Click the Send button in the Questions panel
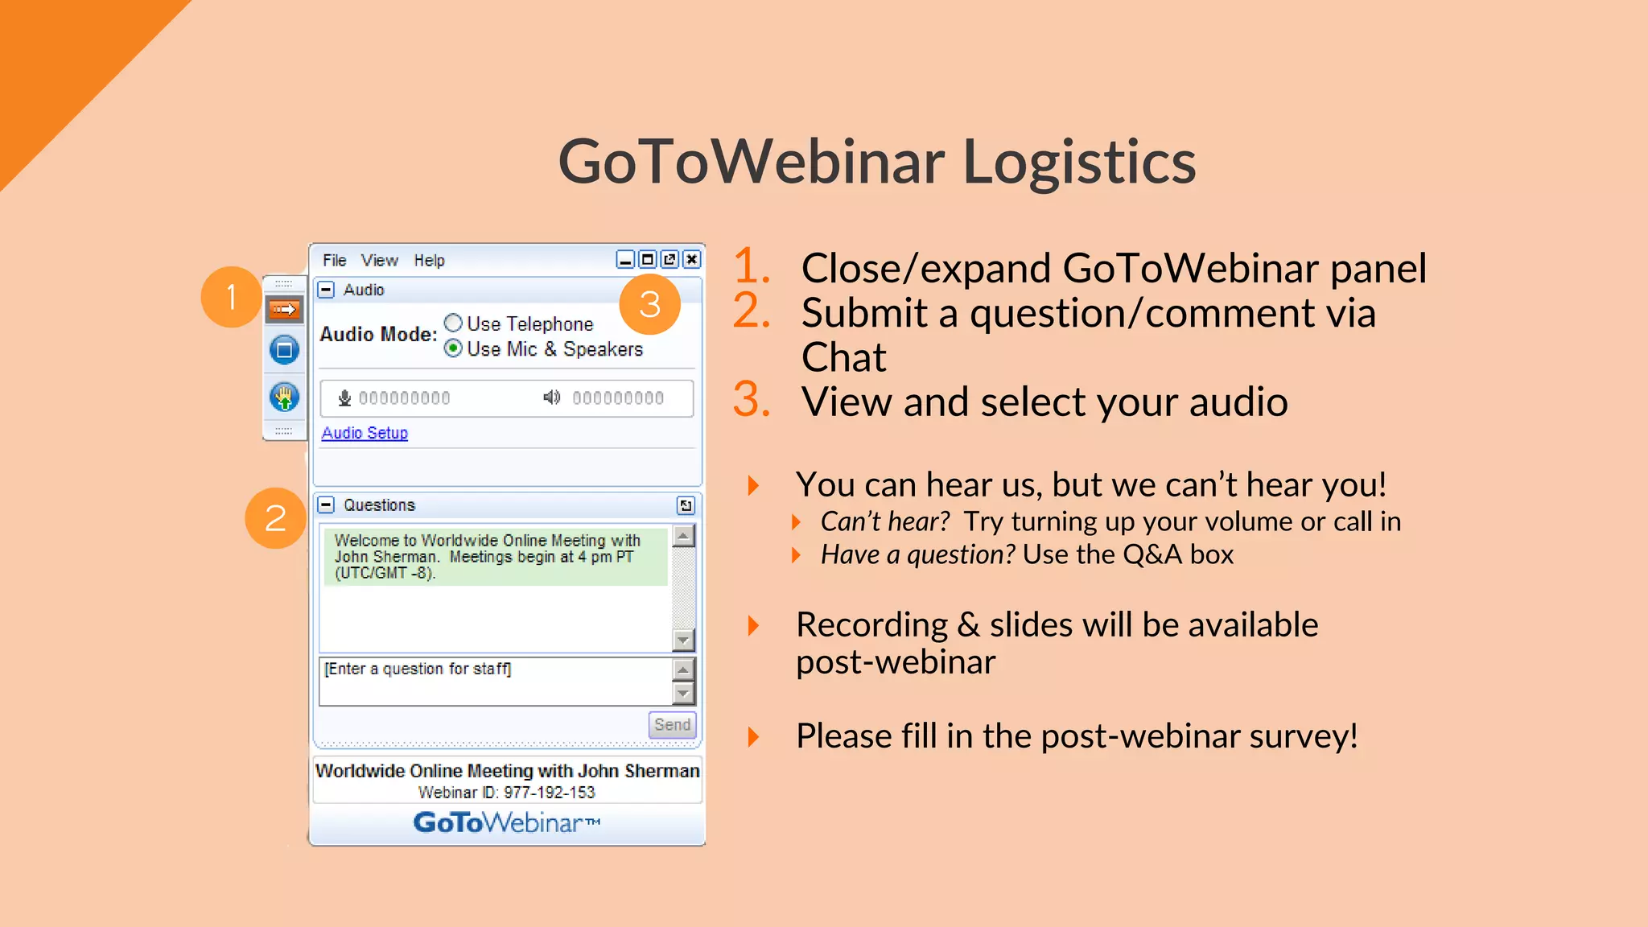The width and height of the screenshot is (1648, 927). coord(672,724)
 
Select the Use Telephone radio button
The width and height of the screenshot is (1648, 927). coord(454,323)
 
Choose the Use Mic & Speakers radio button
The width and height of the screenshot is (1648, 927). coord(454,348)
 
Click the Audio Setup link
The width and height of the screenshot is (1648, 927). coord(365,433)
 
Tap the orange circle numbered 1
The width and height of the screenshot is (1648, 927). coord(232,297)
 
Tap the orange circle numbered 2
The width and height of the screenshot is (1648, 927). coord(275,517)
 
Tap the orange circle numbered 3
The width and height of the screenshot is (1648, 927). coord(649,304)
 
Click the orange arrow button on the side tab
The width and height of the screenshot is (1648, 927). coord(284,309)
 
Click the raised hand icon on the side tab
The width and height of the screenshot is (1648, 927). coord(284,397)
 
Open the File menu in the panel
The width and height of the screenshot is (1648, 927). coord(334,260)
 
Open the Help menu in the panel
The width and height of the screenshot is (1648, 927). coord(429,260)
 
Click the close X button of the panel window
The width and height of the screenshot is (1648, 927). coord(691,259)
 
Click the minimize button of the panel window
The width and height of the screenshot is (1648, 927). coord(625,259)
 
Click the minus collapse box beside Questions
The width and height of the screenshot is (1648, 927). coord(326,505)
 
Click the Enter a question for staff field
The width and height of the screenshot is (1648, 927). coord(495,681)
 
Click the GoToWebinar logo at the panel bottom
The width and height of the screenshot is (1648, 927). coord(507,822)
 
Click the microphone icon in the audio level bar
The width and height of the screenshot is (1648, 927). coord(344,398)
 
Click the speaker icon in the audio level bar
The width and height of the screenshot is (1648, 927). coord(551,398)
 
